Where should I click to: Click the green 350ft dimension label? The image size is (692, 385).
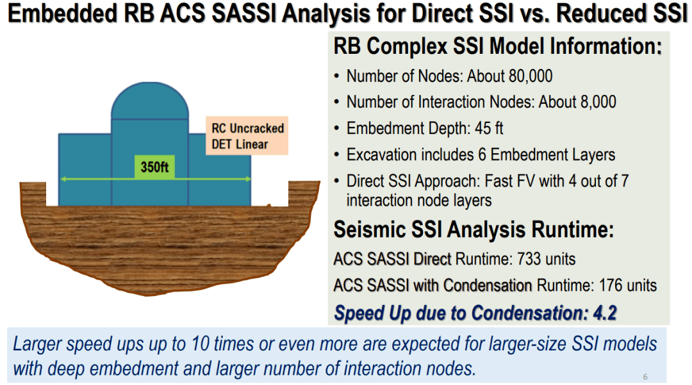(154, 167)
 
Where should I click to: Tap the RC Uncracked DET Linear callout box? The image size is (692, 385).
(247, 136)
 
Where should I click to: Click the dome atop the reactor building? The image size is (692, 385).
(150, 101)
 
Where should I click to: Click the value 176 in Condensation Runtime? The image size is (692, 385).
(611, 285)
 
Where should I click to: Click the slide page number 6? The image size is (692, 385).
(645, 377)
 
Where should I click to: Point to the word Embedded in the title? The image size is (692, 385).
(63, 13)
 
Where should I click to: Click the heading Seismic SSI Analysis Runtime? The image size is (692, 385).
(474, 229)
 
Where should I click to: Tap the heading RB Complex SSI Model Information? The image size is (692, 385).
(497, 46)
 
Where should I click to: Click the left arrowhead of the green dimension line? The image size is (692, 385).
(63, 179)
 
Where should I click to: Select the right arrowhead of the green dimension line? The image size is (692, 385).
(248, 179)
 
